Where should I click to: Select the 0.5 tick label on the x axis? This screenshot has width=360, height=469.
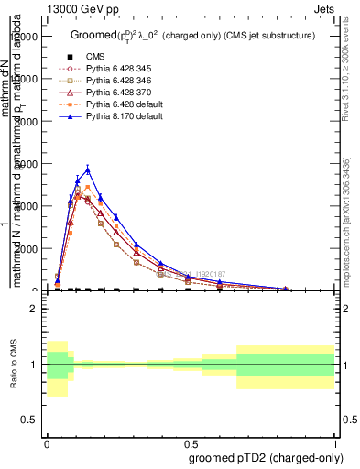tap(191, 442)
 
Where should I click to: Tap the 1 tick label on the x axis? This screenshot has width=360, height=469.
tap(335, 442)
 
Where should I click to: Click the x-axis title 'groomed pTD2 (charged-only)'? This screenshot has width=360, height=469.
tap(265, 457)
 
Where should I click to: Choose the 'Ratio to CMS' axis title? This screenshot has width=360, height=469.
tap(14, 364)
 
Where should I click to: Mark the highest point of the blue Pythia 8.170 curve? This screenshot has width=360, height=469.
tap(88, 169)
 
